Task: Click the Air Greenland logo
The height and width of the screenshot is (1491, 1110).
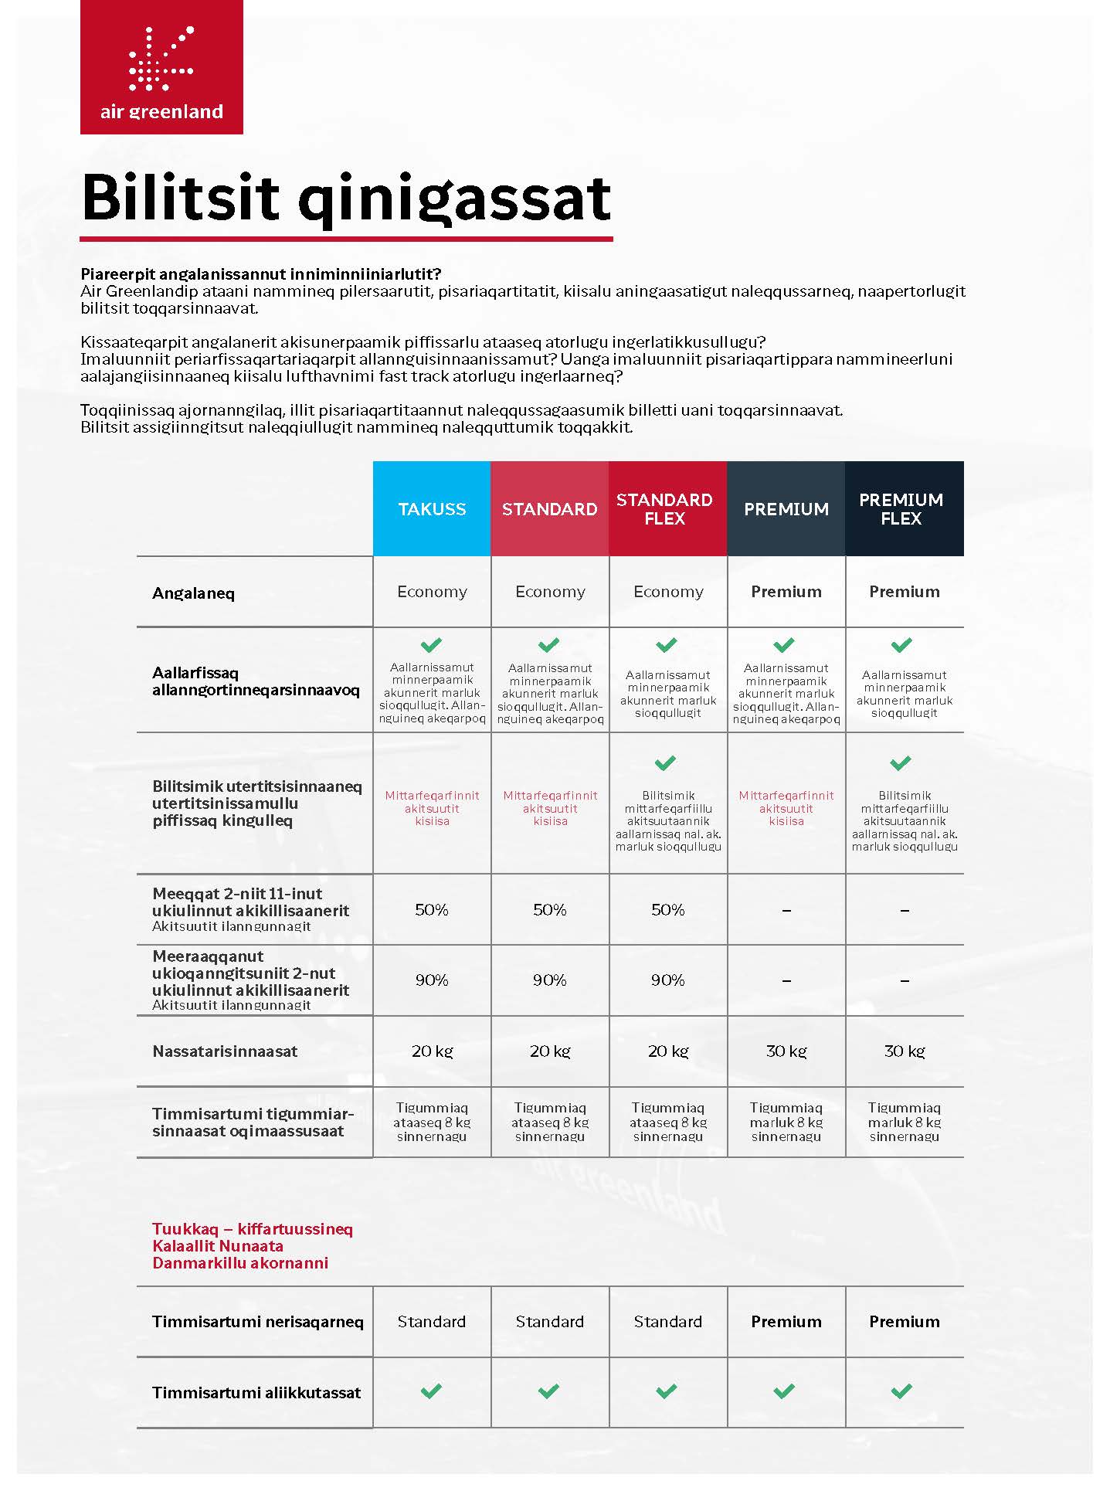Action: click(161, 68)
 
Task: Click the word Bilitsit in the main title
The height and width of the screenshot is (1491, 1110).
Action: click(179, 198)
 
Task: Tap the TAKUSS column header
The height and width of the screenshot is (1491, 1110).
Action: click(432, 509)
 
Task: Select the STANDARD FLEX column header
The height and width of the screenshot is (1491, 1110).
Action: click(664, 509)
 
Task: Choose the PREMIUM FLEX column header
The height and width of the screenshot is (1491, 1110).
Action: click(901, 509)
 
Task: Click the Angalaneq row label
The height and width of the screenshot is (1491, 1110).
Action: click(193, 593)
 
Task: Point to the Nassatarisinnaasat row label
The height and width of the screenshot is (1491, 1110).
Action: click(225, 1051)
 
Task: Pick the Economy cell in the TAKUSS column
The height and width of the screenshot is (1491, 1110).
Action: click(432, 592)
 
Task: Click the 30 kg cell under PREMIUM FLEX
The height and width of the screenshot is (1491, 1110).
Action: click(904, 1051)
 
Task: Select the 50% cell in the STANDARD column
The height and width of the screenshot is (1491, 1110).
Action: click(550, 909)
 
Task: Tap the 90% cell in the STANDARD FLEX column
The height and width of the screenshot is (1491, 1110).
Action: click(667, 980)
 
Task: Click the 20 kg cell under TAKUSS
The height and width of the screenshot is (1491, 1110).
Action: click(432, 1051)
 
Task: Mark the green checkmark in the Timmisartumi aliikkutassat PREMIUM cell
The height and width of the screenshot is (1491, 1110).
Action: click(784, 1391)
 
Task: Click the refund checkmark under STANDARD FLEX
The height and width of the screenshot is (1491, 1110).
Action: click(665, 763)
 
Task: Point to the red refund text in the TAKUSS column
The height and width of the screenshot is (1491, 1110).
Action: click(432, 808)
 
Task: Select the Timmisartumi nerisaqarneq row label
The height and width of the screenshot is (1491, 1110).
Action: click(257, 1322)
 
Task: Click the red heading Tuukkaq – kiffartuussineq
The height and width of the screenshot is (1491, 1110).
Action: click(252, 1229)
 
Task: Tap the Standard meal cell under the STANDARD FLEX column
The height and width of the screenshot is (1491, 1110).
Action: click(667, 1322)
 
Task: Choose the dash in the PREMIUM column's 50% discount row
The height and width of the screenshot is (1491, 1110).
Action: click(786, 911)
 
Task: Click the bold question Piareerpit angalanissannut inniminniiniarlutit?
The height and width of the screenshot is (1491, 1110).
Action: click(260, 274)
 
